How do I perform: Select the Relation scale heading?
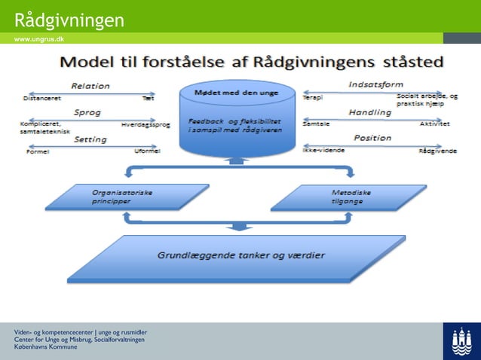[90, 86]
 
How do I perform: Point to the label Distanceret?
[42, 98]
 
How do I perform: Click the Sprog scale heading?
[87, 112]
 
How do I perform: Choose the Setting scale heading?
[90, 139]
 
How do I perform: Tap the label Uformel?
[147, 151]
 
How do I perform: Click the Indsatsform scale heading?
[375, 84]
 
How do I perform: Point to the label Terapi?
[311, 97]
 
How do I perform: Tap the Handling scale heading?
[369, 112]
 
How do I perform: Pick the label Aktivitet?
[434, 124]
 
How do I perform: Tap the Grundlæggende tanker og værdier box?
[240, 256]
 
